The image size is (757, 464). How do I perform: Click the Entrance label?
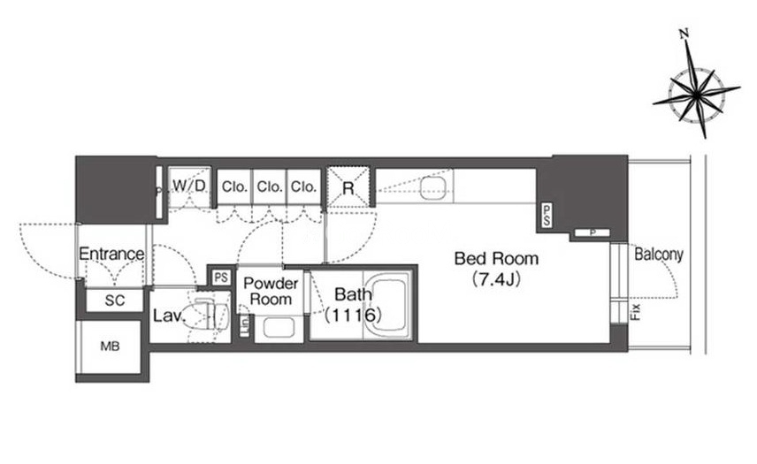click(x=111, y=255)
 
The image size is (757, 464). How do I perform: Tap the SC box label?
click(x=115, y=300)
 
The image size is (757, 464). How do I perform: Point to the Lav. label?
click(x=167, y=315)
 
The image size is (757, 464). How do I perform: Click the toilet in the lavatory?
click(x=203, y=314)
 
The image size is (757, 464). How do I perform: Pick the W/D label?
click(x=188, y=186)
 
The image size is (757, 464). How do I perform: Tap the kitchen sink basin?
click(x=432, y=188)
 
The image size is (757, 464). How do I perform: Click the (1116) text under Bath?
click(x=352, y=314)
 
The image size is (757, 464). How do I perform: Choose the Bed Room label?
click(x=496, y=259)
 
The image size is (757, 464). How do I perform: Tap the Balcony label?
click(x=659, y=255)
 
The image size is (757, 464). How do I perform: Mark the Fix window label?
click(x=635, y=311)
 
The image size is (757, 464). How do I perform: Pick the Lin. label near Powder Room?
click(x=245, y=323)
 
